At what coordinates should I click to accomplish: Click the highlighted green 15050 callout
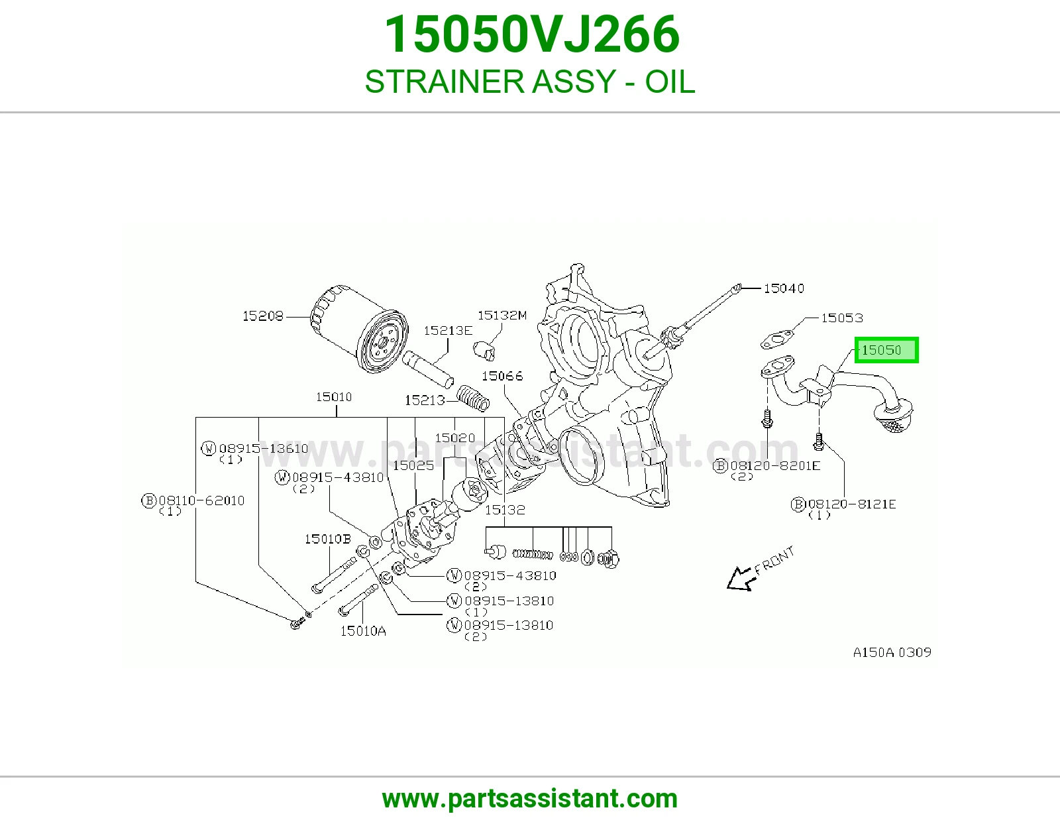click(886, 350)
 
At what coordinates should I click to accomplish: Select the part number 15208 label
click(263, 316)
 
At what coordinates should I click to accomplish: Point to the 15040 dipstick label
click(784, 288)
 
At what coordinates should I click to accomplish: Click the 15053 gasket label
click(842, 318)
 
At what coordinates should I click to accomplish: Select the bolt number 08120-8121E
click(852, 504)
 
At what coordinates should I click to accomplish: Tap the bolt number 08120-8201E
click(775, 465)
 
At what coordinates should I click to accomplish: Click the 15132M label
click(502, 316)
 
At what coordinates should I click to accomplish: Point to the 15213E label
click(448, 331)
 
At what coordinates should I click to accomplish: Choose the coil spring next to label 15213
click(473, 398)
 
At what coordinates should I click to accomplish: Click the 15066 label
click(502, 376)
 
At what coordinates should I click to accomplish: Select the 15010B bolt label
click(328, 539)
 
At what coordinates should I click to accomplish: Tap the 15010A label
click(363, 631)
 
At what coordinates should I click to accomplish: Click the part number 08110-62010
click(201, 500)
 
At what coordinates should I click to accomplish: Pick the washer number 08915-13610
click(264, 448)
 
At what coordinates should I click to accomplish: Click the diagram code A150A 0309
click(892, 652)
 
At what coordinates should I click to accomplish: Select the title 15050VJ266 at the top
click(532, 34)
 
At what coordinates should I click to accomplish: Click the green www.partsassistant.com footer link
click(530, 799)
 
